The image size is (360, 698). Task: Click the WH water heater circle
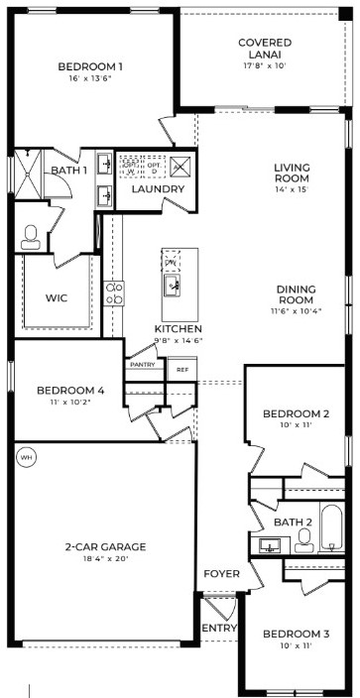25,457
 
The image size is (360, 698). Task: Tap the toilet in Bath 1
29,235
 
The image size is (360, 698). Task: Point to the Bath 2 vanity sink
270,544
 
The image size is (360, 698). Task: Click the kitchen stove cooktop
115,292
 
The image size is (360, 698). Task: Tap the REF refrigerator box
181,369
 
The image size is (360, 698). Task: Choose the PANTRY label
141,365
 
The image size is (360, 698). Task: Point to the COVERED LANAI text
265,49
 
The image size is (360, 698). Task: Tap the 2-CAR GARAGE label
105,546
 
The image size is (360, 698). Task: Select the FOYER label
220,574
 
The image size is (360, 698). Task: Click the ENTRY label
218,629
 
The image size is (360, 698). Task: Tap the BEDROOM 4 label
70,391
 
